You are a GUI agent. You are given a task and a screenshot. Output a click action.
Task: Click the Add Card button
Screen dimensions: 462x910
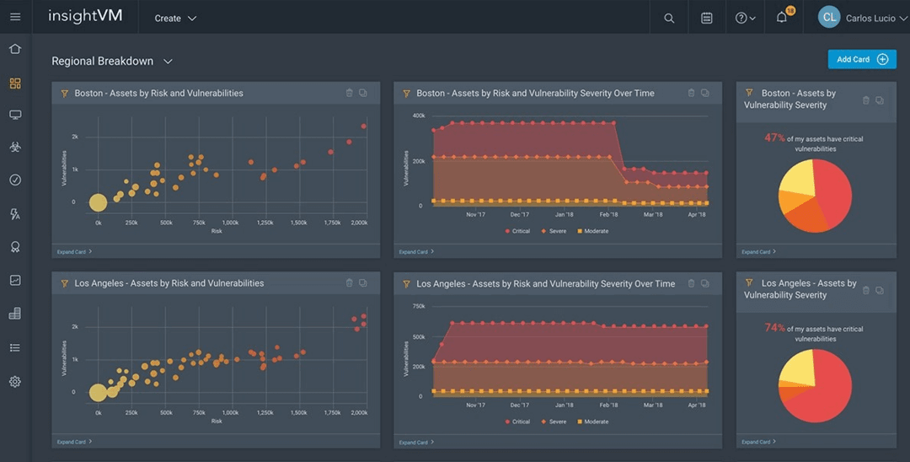(861, 59)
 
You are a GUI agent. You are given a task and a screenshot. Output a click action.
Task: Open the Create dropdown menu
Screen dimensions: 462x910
(175, 18)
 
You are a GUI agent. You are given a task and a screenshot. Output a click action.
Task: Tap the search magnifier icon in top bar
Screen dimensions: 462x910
(669, 18)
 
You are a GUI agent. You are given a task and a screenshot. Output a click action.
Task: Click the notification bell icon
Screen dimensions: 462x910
(782, 18)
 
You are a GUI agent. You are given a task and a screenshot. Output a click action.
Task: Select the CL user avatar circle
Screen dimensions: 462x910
(829, 17)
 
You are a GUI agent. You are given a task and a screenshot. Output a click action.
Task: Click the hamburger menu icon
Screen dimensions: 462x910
(15, 17)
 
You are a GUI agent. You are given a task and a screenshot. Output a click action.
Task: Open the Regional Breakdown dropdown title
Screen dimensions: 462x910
(112, 62)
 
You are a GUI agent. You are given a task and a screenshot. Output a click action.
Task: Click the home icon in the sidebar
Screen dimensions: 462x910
(15, 49)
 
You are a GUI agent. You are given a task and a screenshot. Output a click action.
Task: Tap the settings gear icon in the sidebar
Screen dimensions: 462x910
(15, 382)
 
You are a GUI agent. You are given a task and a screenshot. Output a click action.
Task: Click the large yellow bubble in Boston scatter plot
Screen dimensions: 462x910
(98, 202)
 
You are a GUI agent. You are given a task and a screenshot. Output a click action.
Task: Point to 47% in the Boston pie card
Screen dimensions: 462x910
(773, 137)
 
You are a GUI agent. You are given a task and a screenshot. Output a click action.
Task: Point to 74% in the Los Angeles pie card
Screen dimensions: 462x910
(773, 328)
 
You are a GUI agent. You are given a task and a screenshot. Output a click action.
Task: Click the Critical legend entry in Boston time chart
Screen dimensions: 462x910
(518, 231)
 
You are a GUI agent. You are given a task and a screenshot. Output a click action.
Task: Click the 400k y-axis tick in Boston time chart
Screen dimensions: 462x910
(418, 115)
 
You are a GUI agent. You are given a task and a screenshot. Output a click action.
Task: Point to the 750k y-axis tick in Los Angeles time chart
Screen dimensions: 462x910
(418, 306)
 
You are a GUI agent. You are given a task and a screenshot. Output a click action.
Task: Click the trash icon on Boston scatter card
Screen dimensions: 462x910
(349, 93)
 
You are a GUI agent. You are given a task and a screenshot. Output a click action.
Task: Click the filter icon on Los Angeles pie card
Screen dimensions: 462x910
(749, 283)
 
